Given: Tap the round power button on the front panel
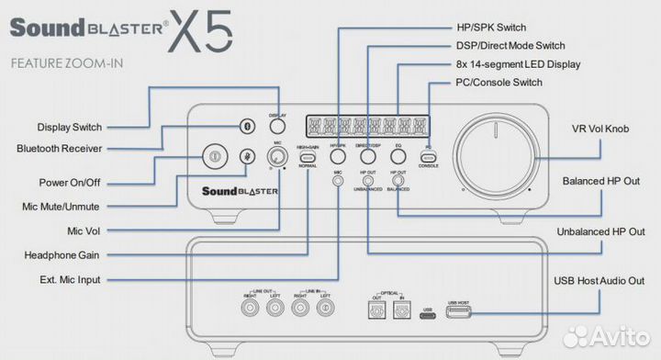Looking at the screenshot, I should coord(213,156).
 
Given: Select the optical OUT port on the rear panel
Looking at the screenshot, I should coord(374,311).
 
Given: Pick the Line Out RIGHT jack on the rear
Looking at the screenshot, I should coord(250,309).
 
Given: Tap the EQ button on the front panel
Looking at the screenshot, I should coord(398,157).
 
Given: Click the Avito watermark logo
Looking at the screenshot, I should coord(608,338).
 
